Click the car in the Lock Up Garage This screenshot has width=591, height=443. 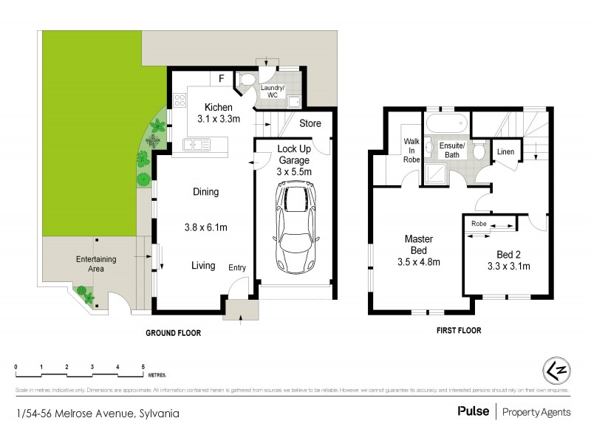click(293, 227)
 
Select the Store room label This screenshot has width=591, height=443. click(310, 123)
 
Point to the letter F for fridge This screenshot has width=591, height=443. click(220, 78)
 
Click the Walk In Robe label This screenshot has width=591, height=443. click(411, 151)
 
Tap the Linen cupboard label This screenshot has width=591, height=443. click(505, 152)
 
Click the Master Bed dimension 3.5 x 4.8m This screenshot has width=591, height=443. click(418, 261)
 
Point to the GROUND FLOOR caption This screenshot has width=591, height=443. click(173, 333)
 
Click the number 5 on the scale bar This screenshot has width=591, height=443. click(143, 367)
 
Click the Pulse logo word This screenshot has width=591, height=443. click(473, 411)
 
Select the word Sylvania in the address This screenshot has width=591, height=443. click(159, 413)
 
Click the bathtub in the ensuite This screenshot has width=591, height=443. click(446, 122)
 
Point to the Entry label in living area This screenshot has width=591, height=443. click(237, 267)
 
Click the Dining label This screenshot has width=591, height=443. click(205, 192)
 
